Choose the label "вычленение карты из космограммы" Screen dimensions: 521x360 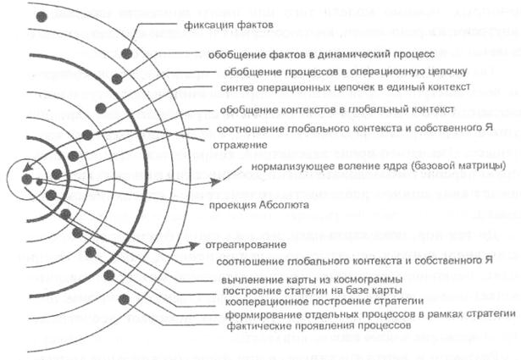[x=281, y=256]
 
